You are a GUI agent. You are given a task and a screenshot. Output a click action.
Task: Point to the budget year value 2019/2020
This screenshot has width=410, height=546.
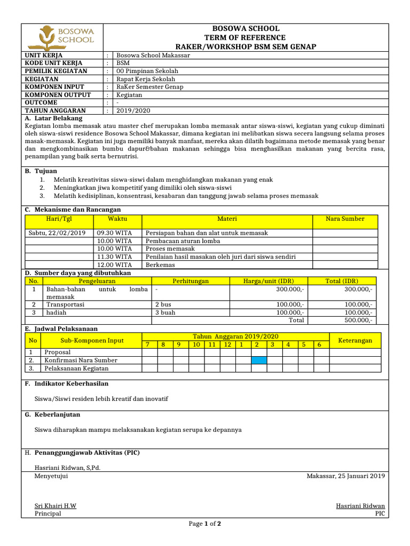[133, 110]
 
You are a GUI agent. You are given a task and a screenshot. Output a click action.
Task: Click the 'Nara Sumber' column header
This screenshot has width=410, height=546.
[345, 219]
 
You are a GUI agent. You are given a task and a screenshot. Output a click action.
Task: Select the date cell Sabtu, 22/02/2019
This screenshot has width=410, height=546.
[57, 233]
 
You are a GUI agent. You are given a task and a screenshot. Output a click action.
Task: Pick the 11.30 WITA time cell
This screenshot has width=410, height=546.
[114, 256]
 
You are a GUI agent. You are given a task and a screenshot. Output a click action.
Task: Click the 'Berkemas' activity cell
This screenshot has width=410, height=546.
[159, 264]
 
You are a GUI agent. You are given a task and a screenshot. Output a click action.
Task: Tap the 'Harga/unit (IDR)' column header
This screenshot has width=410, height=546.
[268, 281]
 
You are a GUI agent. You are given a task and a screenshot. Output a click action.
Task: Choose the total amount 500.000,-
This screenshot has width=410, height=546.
[359, 320]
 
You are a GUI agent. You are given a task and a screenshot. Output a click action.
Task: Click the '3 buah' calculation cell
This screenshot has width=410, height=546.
[165, 312]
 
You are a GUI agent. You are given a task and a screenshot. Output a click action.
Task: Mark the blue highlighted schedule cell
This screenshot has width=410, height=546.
[259, 360]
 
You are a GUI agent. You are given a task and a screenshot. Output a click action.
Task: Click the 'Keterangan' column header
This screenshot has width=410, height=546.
[355, 340]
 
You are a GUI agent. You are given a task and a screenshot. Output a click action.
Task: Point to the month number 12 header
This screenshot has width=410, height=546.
[227, 345]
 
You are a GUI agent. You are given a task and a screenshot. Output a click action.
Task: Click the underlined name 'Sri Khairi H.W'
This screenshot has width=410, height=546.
[56, 505]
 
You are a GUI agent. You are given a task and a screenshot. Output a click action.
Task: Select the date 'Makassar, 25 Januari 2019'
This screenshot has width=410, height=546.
[345, 476]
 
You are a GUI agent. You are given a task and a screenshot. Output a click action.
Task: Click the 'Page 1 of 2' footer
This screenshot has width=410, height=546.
[205, 524]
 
